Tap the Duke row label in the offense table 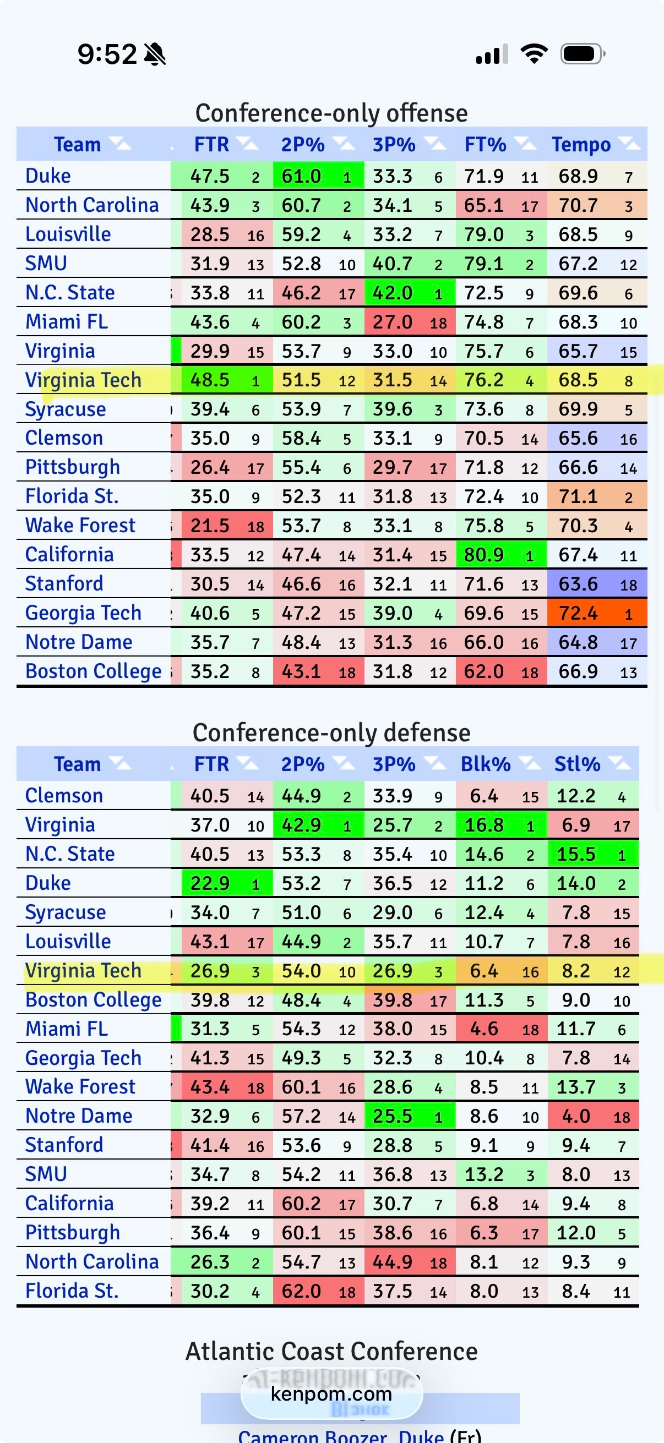point(48,176)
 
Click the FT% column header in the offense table point(485,145)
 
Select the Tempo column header point(581,145)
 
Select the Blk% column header point(485,764)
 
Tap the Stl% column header point(577,764)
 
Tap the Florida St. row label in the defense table point(72,1291)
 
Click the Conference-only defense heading point(331,733)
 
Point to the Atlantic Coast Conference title point(331,1351)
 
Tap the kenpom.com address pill point(331,1393)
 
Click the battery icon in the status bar point(581,54)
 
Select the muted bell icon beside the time point(155,54)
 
